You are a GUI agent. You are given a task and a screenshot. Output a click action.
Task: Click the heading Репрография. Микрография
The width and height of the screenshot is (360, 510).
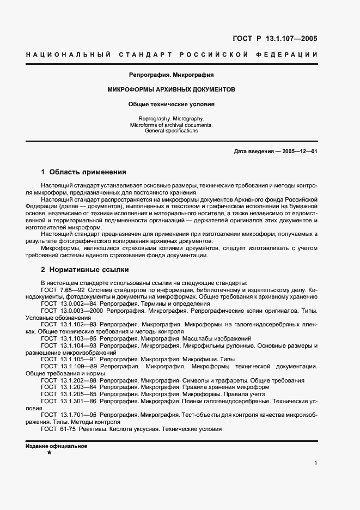171,74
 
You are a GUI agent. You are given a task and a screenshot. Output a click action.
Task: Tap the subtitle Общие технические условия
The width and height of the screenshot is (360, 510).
171,104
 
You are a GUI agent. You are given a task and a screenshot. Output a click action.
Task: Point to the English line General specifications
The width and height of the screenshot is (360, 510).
171,131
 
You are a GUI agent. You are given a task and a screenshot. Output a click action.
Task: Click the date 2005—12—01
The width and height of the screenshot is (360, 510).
300,151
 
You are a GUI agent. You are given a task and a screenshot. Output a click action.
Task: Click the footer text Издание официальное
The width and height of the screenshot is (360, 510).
57,446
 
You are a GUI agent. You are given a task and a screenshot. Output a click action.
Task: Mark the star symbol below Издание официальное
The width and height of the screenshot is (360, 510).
50,453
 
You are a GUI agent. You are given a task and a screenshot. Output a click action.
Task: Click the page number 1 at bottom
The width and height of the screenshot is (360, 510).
316,463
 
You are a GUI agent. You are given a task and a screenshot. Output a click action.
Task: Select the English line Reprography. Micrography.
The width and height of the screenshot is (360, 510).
171,118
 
